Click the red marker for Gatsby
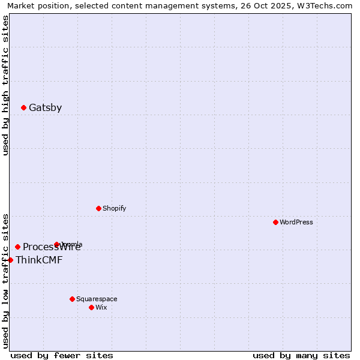pos(23,108)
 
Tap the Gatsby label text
pos(45,108)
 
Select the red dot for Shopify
pos(98,208)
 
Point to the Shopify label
pos(114,208)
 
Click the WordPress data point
pos(275,222)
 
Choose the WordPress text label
pos(296,222)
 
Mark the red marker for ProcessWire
pos(17,247)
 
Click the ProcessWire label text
pos(52,247)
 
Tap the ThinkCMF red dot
pos(10,260)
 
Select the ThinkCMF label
pos(39,260)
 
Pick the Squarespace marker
pos(72,299)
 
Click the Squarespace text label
pos(97,299)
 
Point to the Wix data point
pos(91,307)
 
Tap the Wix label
pos(101,307)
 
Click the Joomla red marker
pos(57,244)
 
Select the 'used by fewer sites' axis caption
pos(61,355)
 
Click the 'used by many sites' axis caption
pos(301,355)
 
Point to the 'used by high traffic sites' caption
pos(5,85)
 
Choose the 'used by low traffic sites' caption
pos(5,281)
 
